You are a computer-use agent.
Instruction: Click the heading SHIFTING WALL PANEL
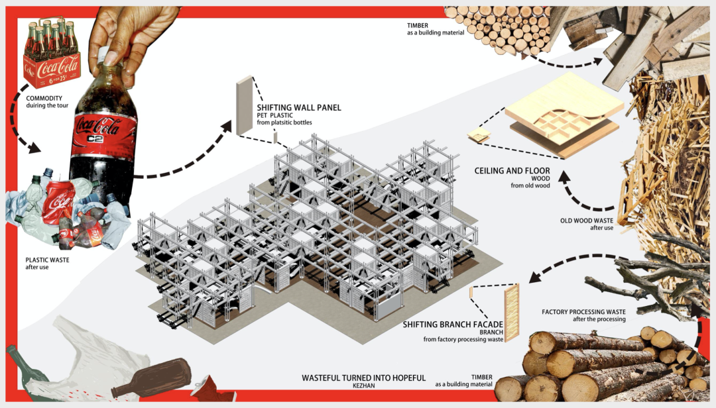click(298, 107)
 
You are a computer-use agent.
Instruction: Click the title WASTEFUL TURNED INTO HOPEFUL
click(363, 378)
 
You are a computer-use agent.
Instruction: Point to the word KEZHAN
click(363, 385)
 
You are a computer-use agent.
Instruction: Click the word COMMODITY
click(44, 99)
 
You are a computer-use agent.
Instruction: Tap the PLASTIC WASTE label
click(47, 260)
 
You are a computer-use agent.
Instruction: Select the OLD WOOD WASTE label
click(585, 221)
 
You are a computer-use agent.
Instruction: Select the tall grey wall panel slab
click(244, 106)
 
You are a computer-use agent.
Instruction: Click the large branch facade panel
click(511, 313)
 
